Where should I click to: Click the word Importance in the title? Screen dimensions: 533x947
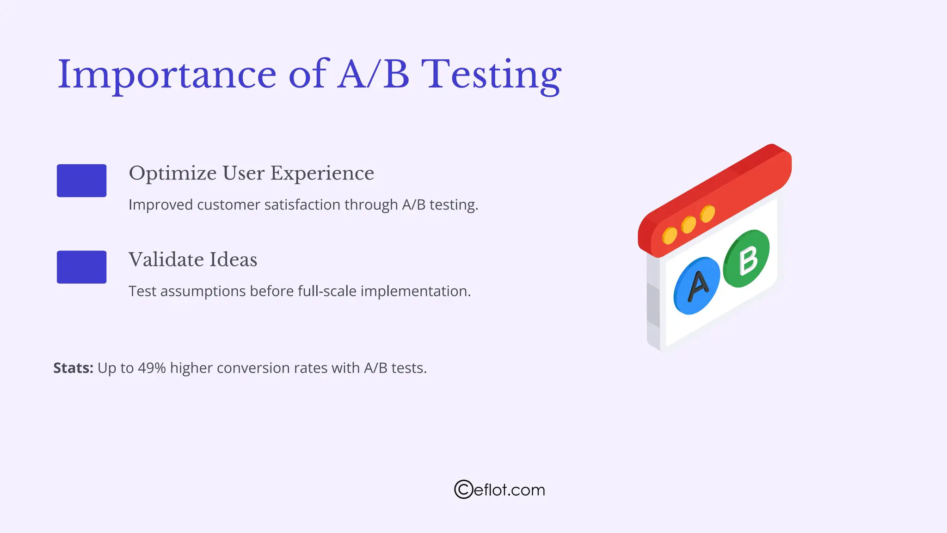pyautogui.click(x=166, y=75)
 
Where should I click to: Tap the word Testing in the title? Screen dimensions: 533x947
pyautogui.click(x=491, y=75)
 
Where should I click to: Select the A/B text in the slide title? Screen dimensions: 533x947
pyautogui.click(x=373, y=75)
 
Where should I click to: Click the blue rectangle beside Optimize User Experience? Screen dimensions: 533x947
pyautogui.click(x=81, y=180)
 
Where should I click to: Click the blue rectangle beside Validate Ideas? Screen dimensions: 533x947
pyautogui.click(x=81, y=267)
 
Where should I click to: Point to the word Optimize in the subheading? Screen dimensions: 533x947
pyautogui.click(x=172, y=174)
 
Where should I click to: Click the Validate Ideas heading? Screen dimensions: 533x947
pyautogui.click(x=192, y=260)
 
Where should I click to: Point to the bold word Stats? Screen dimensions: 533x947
pyautogui.click(x=73, y=368)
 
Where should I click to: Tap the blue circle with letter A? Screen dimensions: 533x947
pyautogui.click(x=696, y=286)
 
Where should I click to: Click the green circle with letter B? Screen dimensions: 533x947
pyautogui.click(x=746, y=259)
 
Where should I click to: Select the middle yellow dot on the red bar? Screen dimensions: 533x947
pyautogui.click(x=689, y=224)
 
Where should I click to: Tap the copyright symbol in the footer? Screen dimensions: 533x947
pyautogui.click(x=463, y=490)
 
